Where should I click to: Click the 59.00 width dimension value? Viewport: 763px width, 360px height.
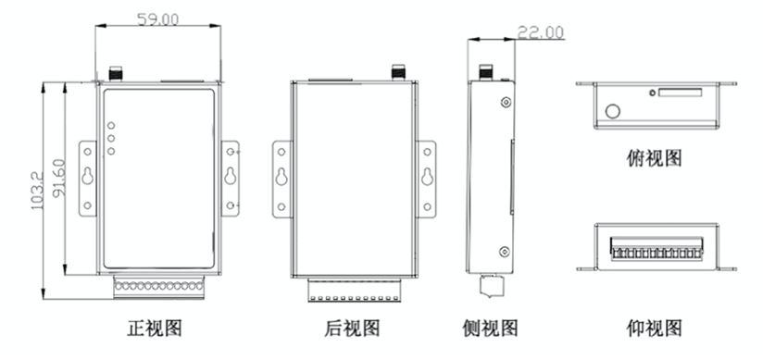coord(157,19)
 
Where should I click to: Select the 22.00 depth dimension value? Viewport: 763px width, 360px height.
coord(540,32)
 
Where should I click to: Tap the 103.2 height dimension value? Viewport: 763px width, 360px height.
coord(37,191)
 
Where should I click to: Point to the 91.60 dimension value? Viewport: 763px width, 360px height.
coord(59,179)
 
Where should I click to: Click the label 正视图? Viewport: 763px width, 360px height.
coord(155,328)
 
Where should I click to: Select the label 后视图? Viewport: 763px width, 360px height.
coord(352,328)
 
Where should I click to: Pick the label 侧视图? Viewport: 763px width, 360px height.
coord(490,328)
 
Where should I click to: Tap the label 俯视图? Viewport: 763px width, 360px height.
coord(654,158)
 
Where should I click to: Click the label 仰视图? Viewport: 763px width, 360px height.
coord(654,329)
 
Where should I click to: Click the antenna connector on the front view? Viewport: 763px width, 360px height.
coord(116,73)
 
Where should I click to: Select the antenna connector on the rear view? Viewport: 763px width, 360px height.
coord(398,72)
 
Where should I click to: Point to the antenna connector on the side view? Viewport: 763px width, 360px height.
coord(485,72)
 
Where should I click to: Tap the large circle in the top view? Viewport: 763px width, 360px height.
coord(613,111)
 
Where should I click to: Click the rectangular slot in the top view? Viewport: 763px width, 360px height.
coord(681,93)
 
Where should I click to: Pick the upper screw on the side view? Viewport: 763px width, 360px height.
coord(507,102)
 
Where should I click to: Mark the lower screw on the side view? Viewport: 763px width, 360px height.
coord(505,252)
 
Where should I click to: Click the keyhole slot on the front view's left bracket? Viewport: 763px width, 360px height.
coord(88,176)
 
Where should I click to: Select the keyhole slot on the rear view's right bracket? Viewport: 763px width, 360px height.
coord(427,177)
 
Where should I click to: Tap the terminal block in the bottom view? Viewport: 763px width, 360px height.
coord(657,248)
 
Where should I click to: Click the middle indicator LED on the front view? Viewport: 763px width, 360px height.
coord(111,138)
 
